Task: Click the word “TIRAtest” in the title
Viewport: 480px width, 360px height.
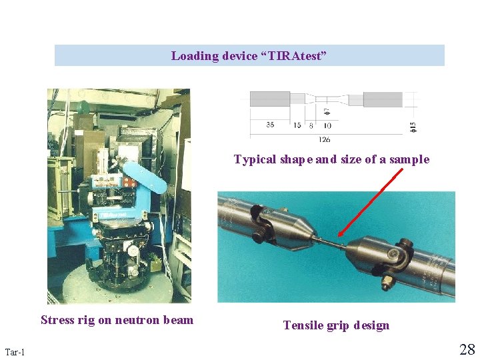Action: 295,56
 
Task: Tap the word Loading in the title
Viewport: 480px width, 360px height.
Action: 195,56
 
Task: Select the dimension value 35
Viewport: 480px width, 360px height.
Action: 269,125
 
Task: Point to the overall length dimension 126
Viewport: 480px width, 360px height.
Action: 325,139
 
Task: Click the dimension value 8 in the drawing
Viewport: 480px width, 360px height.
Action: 311,125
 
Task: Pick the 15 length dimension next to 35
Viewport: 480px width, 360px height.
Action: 297,125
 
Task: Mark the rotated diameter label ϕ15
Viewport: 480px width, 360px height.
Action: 413,125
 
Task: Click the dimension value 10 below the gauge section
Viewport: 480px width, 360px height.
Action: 327,125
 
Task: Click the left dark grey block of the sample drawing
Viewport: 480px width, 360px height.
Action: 269,99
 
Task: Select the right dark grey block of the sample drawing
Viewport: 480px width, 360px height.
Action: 383,99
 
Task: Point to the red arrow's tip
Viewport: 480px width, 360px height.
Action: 339,236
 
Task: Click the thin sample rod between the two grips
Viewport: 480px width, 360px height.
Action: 331,241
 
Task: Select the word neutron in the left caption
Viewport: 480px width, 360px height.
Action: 141,320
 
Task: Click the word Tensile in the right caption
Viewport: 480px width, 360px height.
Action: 303,325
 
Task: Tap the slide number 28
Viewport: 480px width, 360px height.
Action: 467,349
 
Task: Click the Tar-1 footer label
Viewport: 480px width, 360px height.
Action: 15,351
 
